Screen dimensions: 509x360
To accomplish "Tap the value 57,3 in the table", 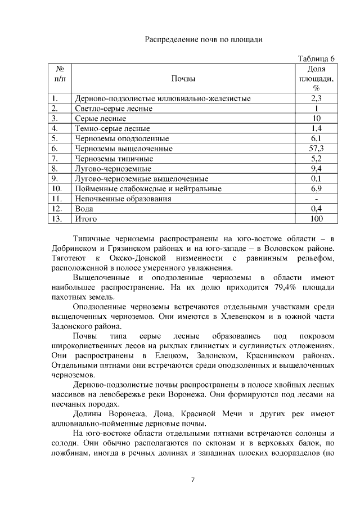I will (316, 148).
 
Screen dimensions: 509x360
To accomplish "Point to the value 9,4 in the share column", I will (316, 169).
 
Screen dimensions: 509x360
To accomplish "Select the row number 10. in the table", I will (57, 189).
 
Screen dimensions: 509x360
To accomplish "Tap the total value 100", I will (316, 219).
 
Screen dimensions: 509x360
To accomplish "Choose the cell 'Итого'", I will (86, 219).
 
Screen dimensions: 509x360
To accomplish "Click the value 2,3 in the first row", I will (316, 98).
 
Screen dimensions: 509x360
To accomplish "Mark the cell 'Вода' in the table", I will (85, 209).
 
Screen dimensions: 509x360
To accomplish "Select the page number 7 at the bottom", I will (192, 480).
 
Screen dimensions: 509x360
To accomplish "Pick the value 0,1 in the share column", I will (316, 179).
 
